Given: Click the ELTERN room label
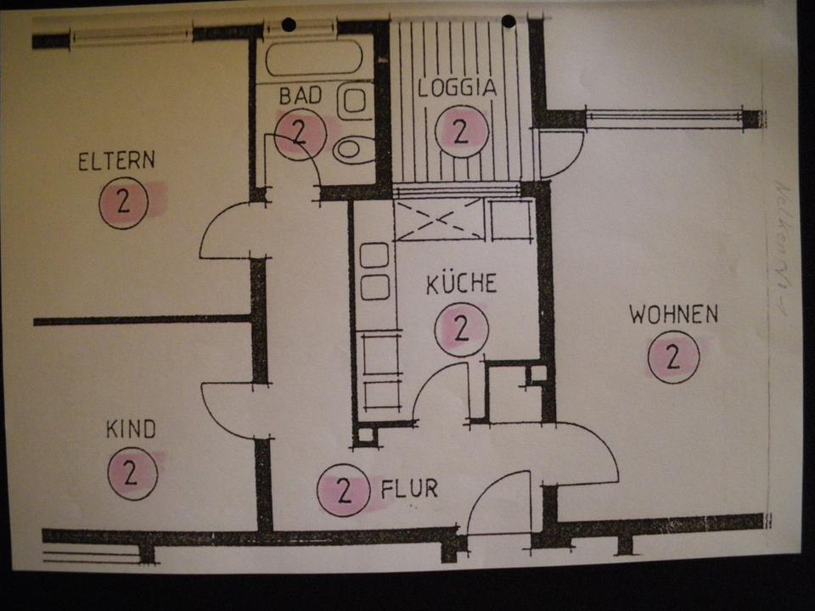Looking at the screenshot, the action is click(116, 161).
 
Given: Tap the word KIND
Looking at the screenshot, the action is click(131, 429).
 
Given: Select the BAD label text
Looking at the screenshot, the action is click(301, 96).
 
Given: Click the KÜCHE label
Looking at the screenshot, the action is click(461, 283).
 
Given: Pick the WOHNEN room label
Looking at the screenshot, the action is click(673, 315).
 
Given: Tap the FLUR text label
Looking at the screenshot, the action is click(409, 489).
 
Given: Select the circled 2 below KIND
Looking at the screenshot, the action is click(132, 474).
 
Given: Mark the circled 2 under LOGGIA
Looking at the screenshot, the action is click(461, 132).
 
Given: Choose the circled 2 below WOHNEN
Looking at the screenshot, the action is click(673, 357).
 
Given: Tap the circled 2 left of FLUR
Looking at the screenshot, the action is click(344, 490).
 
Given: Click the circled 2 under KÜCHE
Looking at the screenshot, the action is click(461, 329).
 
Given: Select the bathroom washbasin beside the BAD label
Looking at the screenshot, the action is click(355, 103).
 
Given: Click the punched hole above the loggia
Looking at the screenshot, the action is click(509, 21).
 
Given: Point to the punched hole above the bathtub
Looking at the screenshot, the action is click(289, 25).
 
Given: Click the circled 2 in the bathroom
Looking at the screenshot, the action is click(299, 133).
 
